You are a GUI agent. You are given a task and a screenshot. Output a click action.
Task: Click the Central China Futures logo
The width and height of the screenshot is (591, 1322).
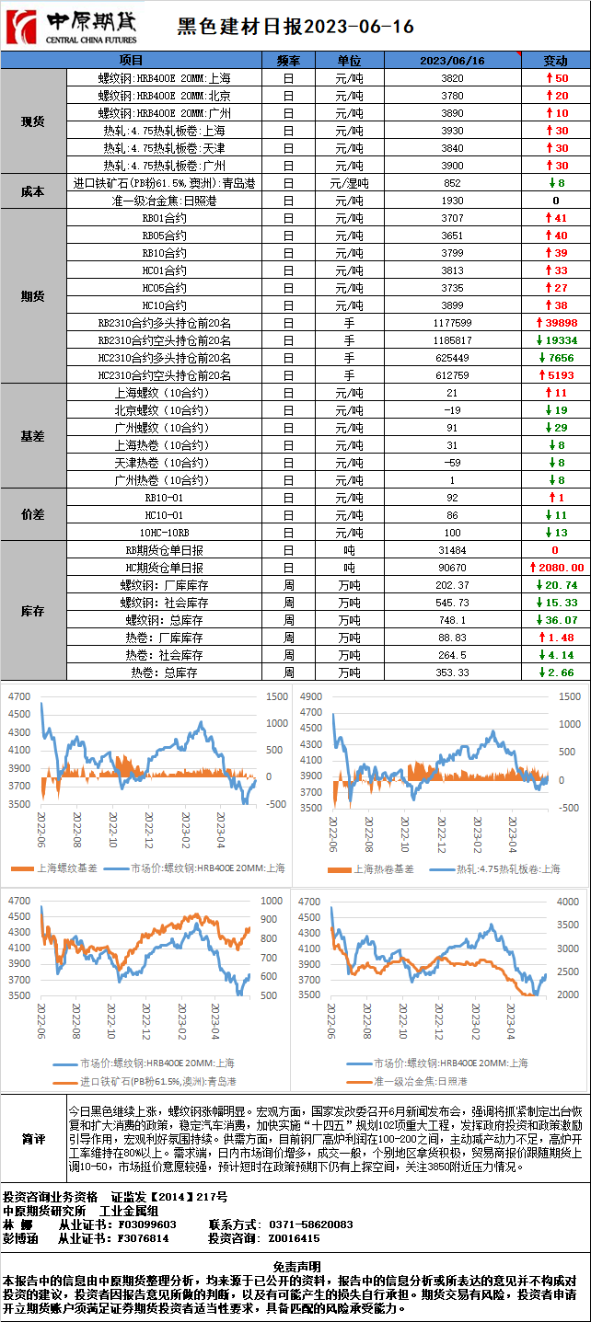tap(71, 27)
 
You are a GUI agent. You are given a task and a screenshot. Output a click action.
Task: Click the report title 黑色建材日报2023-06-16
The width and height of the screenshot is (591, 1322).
tap(295, 28)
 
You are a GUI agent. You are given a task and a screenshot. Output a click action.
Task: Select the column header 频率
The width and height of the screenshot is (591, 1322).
tap(288, 61)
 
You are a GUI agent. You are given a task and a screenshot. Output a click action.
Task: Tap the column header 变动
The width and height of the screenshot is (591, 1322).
tap(555, 61)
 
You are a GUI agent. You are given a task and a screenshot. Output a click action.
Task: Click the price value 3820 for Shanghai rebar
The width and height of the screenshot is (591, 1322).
tap(452, 78)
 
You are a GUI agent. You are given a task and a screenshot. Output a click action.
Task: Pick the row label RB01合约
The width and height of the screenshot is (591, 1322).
tap(164, 218)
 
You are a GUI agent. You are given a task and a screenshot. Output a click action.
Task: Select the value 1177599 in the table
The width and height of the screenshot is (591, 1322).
tap(452, 323)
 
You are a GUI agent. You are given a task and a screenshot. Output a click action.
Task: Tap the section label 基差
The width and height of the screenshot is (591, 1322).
tap(33, 436)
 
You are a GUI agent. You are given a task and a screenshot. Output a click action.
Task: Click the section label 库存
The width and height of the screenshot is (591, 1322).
tap(33, 611)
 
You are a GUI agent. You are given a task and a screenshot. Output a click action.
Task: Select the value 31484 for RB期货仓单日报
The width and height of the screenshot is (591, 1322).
tap(452, 550)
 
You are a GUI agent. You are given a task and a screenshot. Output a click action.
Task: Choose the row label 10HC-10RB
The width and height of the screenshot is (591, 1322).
tap(164, 533)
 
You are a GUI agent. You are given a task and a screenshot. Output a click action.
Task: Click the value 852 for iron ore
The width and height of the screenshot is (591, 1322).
tap(452, 183)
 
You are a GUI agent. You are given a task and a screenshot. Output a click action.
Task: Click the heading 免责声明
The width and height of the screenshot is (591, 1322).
tap(296, 1266)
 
